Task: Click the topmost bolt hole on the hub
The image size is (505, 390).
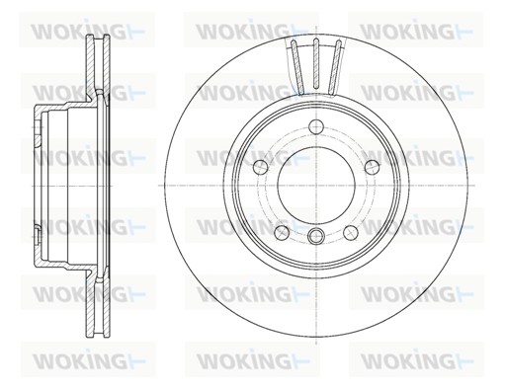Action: coord(316,127)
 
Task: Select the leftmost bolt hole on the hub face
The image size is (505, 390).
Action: coord(260,167)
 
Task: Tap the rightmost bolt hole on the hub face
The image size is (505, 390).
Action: coord(373,167)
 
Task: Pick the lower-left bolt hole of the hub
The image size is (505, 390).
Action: coord(282,233)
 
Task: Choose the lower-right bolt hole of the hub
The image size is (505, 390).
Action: coord(351,233)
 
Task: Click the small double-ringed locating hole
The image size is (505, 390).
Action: coord(316,235)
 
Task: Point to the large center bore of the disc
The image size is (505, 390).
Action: coord(316,186)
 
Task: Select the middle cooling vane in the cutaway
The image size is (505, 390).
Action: coord(316,64)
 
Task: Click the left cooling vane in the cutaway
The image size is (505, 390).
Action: coord(297,65)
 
